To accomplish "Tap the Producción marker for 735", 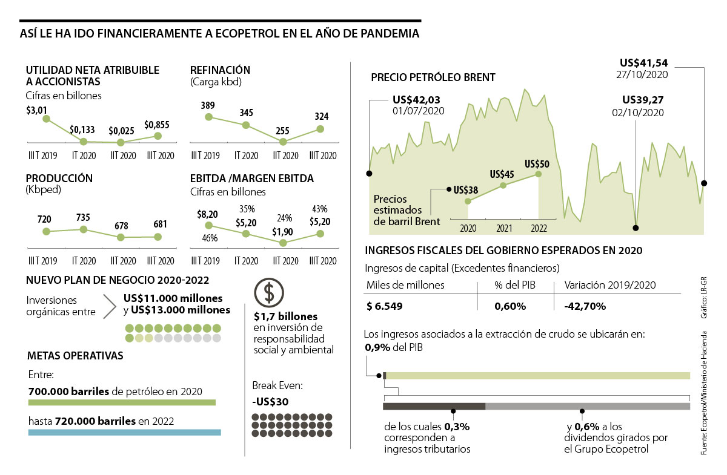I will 84,229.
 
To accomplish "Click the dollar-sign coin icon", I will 267,293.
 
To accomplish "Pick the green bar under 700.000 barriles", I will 122,402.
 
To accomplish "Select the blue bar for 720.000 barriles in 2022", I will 124,432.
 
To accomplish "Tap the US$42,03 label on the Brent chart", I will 417,100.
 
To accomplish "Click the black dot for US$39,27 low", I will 636,228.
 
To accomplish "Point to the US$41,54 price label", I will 644,62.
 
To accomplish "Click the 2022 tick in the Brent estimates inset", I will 539,228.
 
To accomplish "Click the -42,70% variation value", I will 585,306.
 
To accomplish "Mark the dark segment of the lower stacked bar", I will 434,406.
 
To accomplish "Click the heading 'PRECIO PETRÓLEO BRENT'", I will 433,77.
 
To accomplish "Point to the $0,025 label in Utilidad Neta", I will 121,130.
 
